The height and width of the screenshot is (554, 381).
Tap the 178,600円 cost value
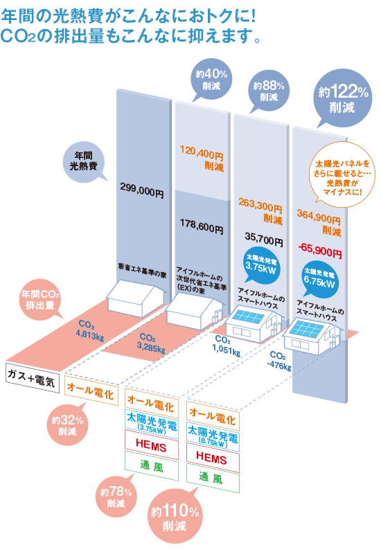[202, 226]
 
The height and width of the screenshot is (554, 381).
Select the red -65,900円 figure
[320, 251]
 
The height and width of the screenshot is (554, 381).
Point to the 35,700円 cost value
[264, 239]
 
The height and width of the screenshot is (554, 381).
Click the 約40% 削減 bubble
[211, 80]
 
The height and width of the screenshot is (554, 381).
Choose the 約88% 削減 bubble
[269, 91]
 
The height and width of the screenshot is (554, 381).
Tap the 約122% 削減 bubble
[342, 98]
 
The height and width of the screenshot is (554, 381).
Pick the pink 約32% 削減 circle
[67, 425]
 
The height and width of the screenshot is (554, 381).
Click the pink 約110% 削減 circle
[175, 516]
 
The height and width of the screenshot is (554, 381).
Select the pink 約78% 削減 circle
[116, 496]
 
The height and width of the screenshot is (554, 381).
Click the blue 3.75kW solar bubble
[261, 265]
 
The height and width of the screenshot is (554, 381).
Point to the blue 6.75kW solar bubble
[320, 280]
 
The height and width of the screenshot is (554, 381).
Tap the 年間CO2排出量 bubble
[40, 300]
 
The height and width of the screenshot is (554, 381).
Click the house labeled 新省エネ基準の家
[136, 298]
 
